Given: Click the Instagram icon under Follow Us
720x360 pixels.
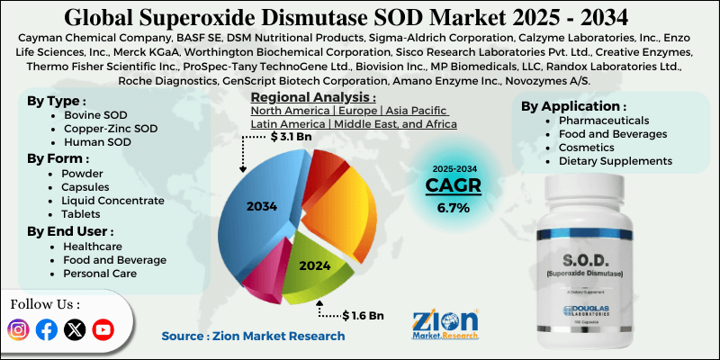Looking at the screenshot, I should pos(19,330).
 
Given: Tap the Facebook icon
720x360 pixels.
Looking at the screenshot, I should pos(47,330).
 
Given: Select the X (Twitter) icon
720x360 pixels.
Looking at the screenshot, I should pos(75,330).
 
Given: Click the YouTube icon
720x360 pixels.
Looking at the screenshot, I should pos(103,330).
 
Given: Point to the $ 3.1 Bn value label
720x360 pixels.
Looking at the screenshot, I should pos(292,138).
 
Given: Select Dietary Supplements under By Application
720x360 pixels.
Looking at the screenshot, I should pos(617,161).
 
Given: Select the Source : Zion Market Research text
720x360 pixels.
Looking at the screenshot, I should pos(253,336).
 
